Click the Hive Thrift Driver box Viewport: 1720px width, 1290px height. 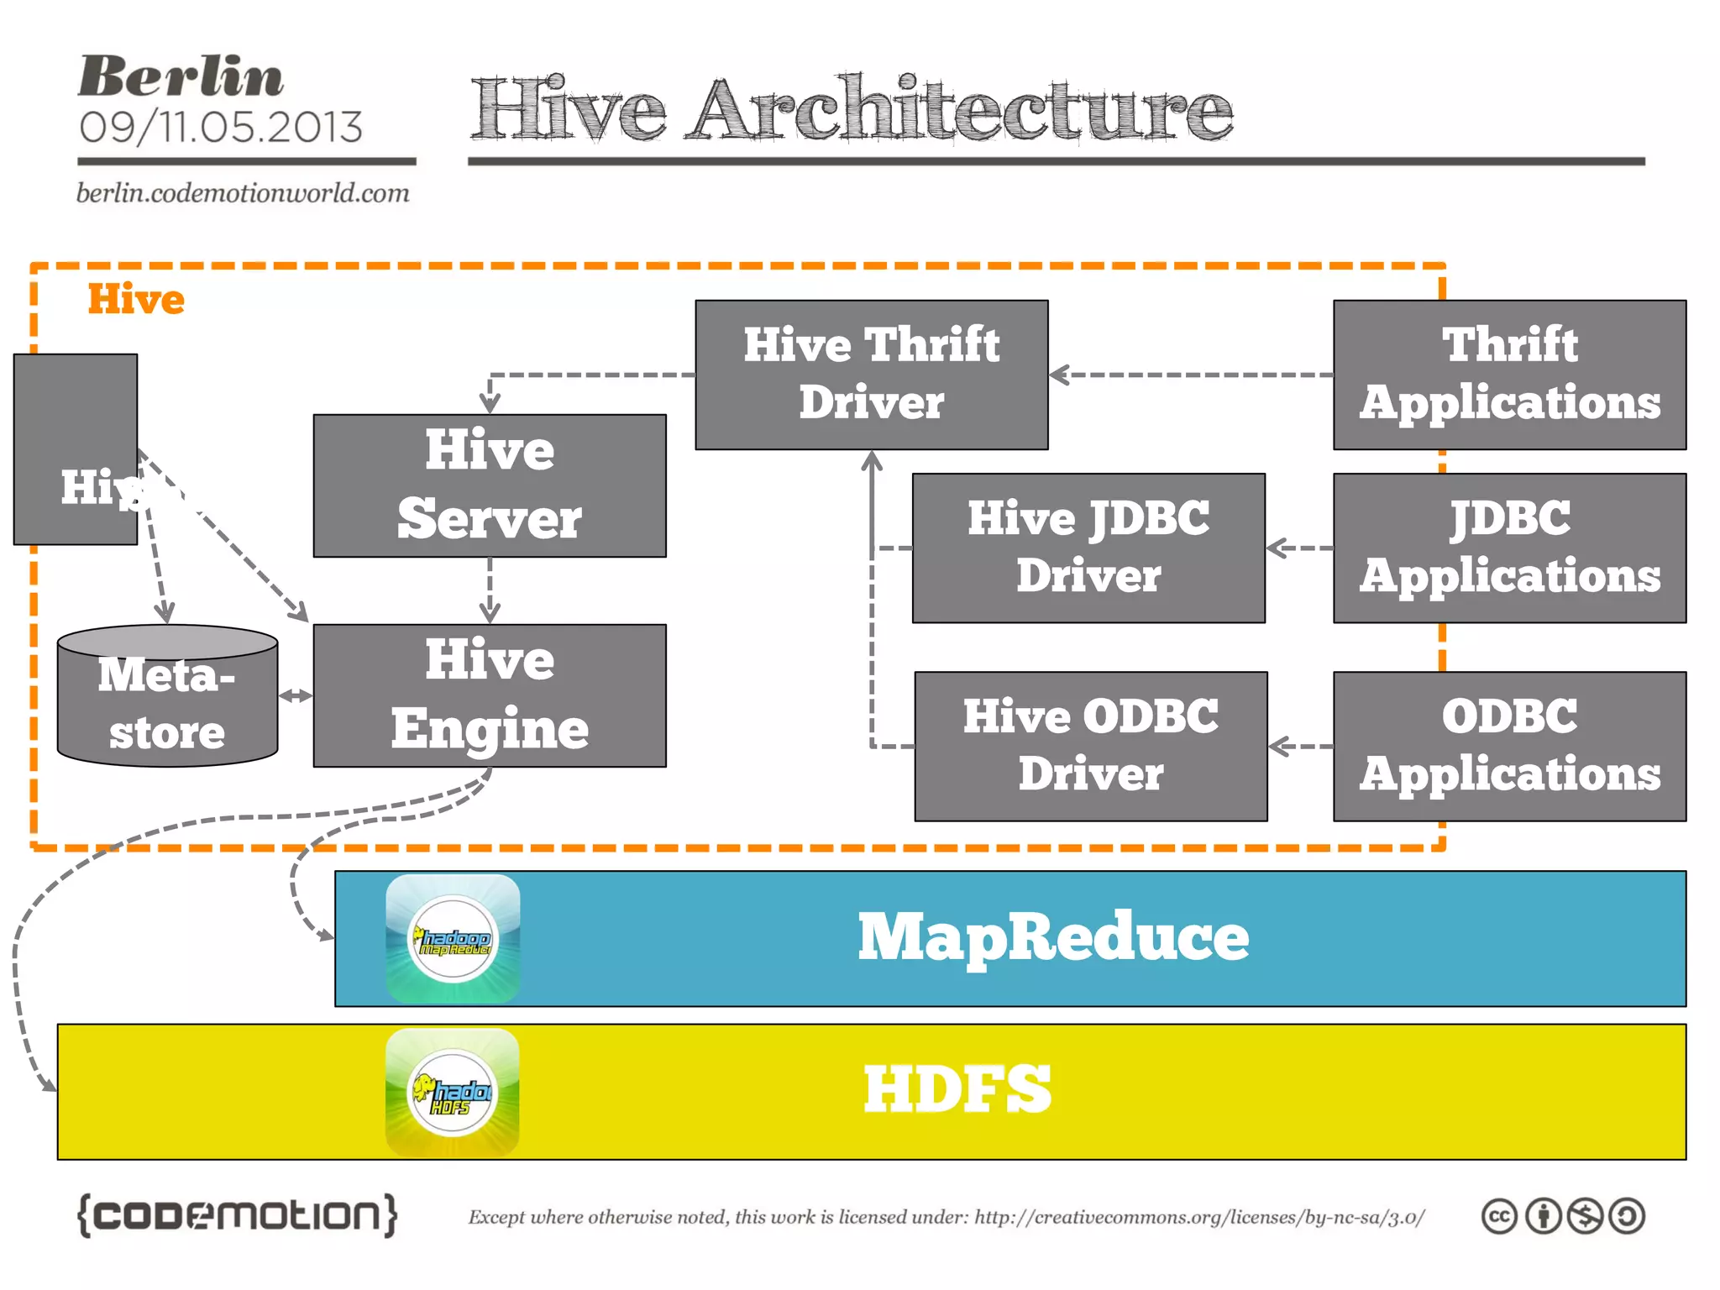[x=871, y=375]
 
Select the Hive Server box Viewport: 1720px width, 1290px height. [x=490, y=485]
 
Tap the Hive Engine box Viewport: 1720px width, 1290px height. [x=490, y=695]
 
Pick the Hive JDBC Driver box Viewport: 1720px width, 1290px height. [x=1088, y=548]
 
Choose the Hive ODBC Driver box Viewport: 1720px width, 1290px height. [x=1090, y=746]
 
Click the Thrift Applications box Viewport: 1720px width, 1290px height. [x=1509, y=375]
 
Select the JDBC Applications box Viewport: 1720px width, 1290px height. [x=1509, y=548]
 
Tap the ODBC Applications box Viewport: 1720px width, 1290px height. [x=1509, y=746]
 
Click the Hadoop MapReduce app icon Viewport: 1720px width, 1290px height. [x=453, y=938]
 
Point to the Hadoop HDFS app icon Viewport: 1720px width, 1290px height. [x=453, y=1092]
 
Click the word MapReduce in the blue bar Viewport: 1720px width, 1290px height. [x=1053, y=937]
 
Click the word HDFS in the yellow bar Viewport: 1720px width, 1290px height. [x=957, y=1089]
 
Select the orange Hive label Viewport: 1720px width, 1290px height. [x=136, y=299]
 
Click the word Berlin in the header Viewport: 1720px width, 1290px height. [x=181, y=77]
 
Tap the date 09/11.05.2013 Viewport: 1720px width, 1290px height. [x=221, y=128]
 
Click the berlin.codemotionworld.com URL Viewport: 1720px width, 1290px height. [x=243, y=193]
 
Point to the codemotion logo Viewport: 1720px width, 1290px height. [x=237, y=1215]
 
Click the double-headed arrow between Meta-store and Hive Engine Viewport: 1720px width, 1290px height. [x=296, y=695]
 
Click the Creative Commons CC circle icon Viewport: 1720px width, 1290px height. [x=1499, y=1216]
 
